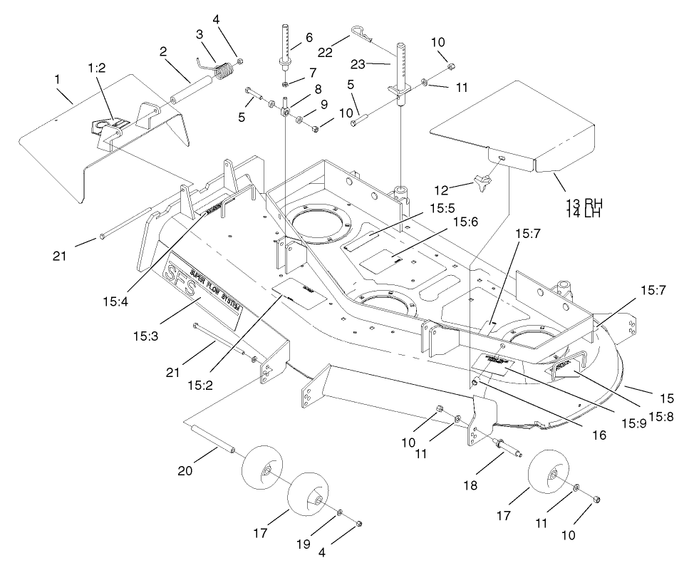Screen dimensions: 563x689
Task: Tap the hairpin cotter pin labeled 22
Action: (x=362, y=33)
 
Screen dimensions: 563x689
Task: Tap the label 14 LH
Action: (x=579, y=213)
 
